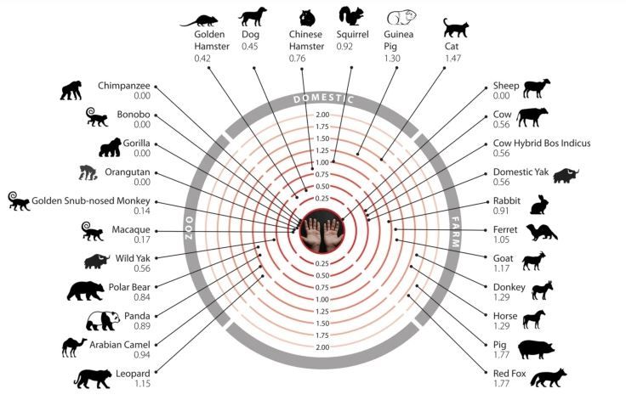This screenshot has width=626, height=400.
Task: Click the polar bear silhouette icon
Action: click(85, 290)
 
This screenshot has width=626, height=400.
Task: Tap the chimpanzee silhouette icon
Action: click(71, 90)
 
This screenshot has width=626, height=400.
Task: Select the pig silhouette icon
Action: click(537, 349)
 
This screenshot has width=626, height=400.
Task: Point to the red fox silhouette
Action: click(547, 377)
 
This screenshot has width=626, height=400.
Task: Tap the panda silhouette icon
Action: click(103, 320)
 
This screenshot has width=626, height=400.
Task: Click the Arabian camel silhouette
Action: click(74, 346)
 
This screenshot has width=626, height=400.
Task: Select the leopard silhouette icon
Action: click(91, 378)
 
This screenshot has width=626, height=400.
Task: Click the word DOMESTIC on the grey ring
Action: click(322, 99)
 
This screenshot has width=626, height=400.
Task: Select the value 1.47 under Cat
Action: click(451, 58)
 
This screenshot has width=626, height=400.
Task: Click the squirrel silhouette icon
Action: click(351, 16)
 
